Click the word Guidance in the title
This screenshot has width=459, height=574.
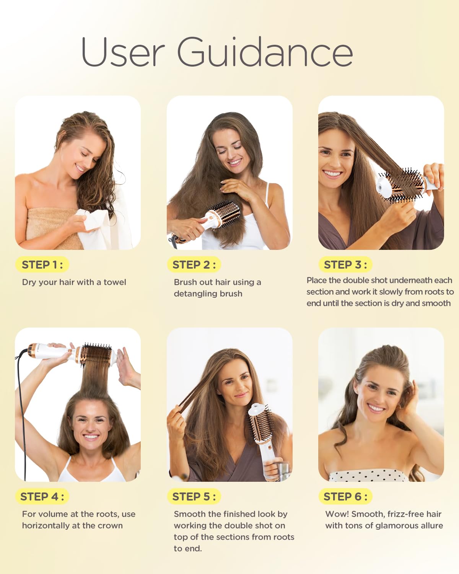[265, 52]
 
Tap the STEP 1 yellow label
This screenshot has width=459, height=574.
[42, 264]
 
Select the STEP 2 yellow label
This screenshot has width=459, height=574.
[194, 264]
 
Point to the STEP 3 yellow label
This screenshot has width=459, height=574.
[345, 264]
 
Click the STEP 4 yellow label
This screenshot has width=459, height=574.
[42, 496]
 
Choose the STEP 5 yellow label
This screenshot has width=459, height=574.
[194, 496]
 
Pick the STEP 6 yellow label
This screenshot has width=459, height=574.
[345, 496]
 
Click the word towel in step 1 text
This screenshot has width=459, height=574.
[115, 282]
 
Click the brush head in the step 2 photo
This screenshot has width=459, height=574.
[225, 214]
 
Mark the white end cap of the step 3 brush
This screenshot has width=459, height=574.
[382, 184]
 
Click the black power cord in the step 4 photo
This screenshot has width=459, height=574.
[23, 416]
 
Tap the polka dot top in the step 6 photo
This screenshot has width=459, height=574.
[368, 476]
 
